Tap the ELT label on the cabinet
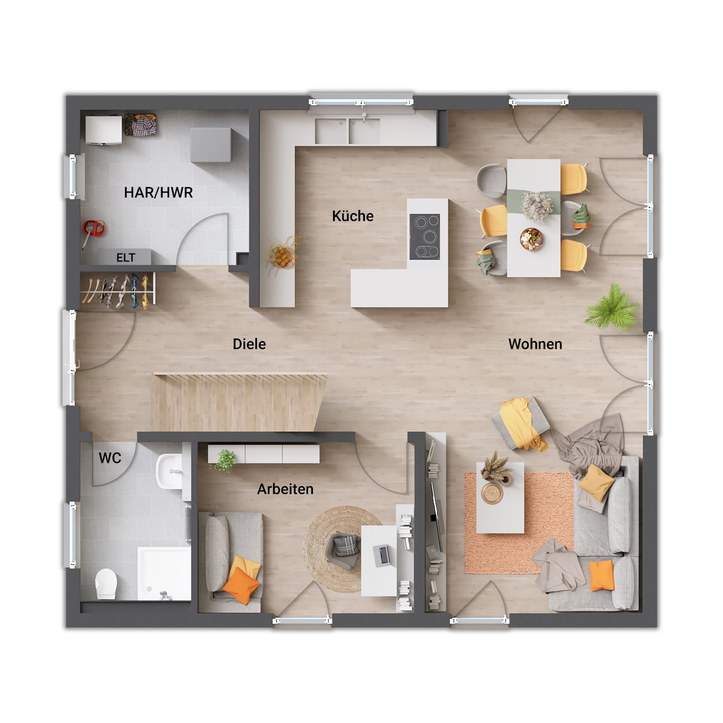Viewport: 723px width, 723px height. (126, 258)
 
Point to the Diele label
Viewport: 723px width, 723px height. (249, 344)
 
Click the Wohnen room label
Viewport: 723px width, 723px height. (535, 344)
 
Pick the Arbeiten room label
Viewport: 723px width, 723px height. (285, 489)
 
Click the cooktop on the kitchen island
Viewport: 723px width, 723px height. (424, 237)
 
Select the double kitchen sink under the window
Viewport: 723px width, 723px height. (347, 131)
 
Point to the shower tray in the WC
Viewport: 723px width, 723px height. (164, 573)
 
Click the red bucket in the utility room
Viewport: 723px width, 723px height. (94, 228)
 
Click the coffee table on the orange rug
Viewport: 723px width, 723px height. (500, 498)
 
